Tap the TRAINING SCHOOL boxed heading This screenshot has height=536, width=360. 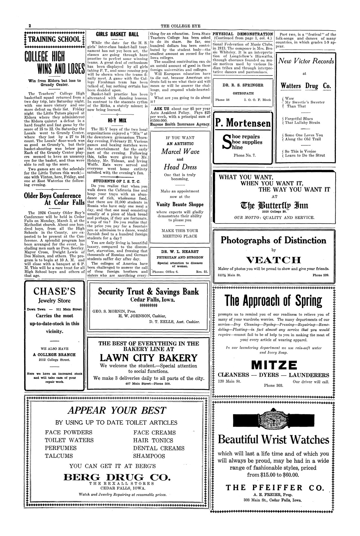point(55,39)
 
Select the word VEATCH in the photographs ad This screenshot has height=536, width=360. point(273,260)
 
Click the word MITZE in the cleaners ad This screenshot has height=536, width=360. point(274,365)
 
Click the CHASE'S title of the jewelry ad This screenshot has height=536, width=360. point(54,291)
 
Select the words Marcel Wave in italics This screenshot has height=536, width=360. point(180,152)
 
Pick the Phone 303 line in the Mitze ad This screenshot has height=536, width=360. point(273,385)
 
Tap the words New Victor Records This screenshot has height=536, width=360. point(306,61)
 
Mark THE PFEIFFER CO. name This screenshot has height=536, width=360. point(275,488)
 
